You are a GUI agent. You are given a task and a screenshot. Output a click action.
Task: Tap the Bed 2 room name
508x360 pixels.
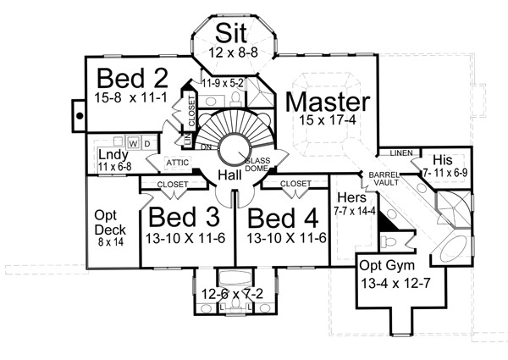pos(131,78)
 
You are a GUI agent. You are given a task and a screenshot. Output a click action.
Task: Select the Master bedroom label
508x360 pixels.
pos(327,103)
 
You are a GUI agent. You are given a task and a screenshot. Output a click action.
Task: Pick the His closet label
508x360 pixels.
pos(441,160)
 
